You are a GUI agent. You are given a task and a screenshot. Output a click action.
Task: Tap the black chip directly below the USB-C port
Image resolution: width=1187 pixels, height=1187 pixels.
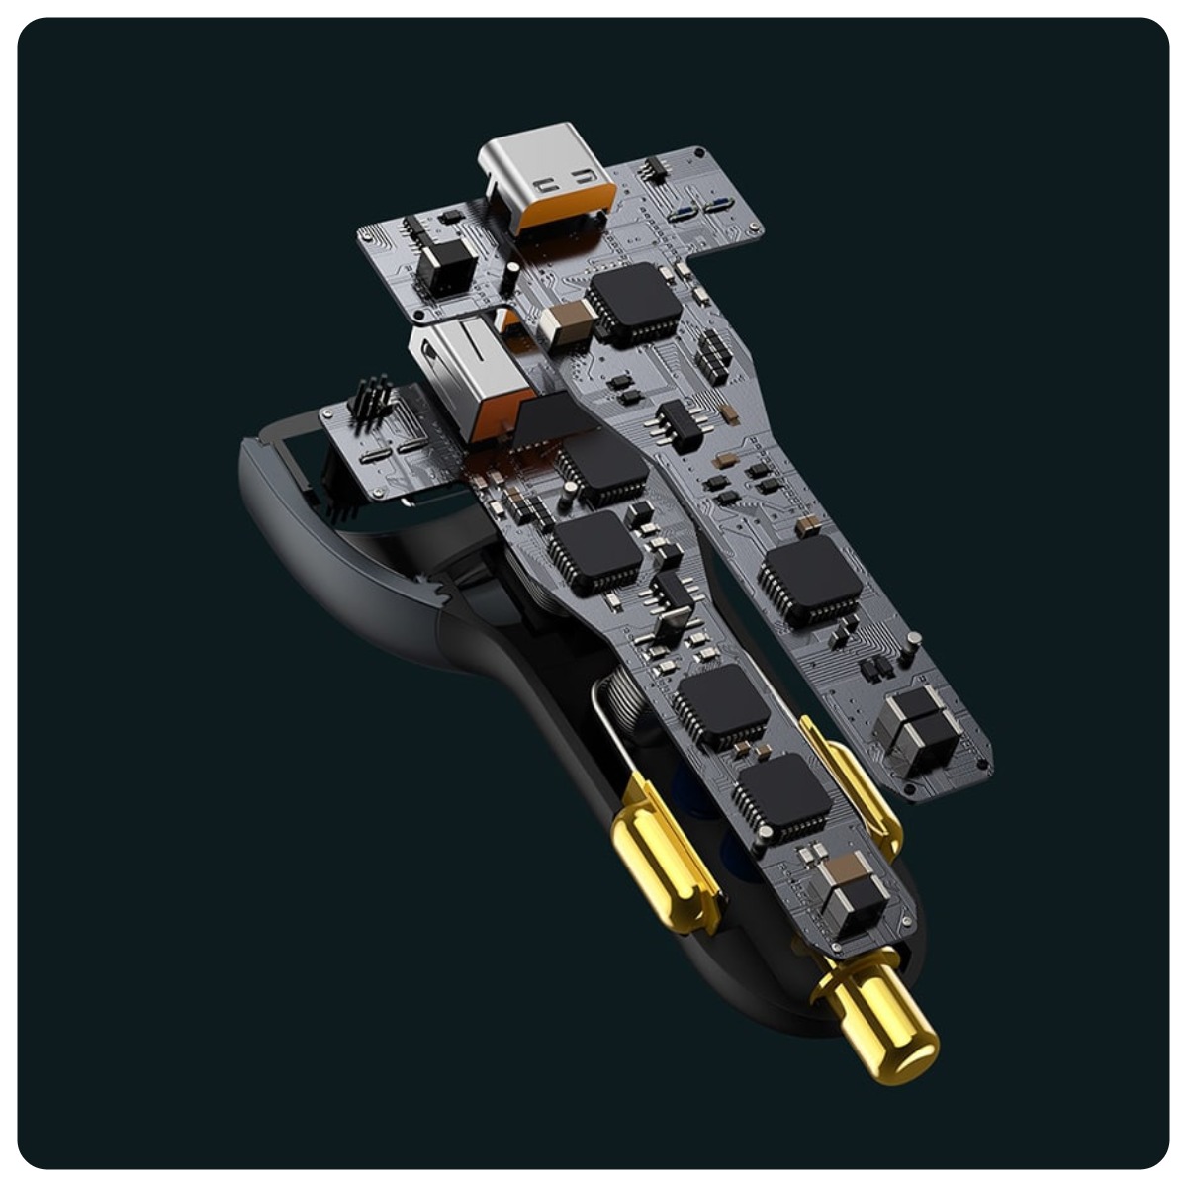point(634,302)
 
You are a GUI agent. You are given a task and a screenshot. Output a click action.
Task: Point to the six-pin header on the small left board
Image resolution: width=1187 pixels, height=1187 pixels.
point(370,401)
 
